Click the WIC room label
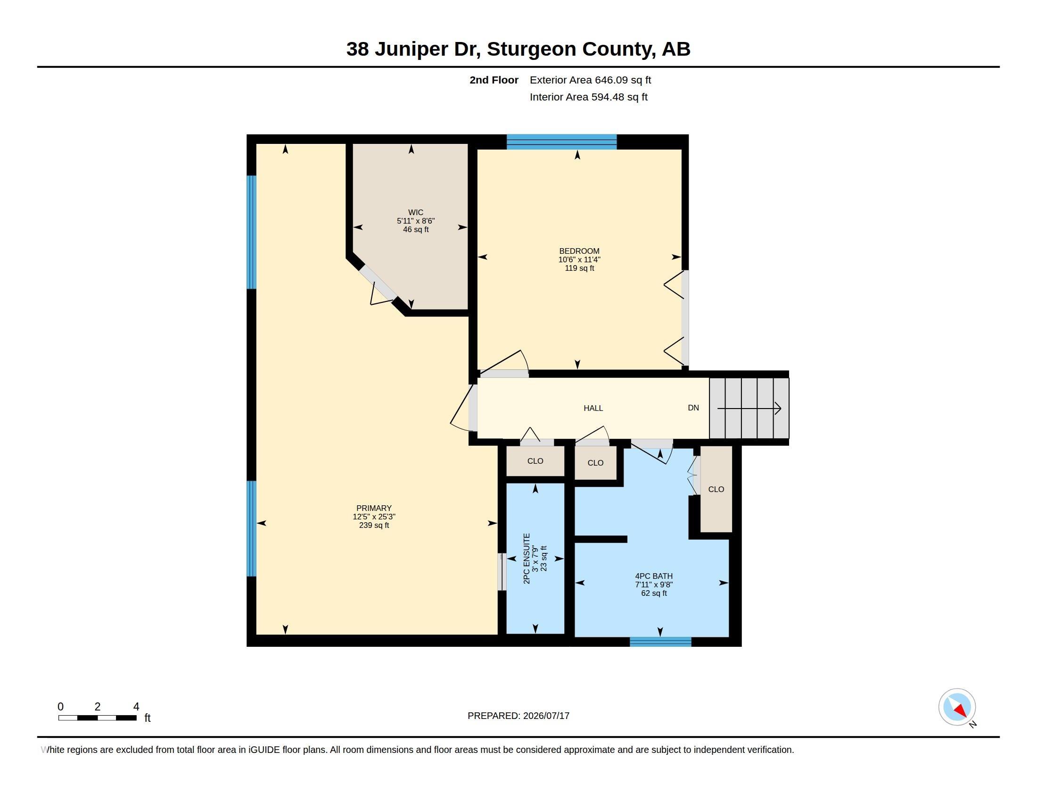pos(415,212)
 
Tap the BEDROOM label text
pos(579,251)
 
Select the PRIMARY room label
pos(374,508)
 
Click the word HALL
pos(593,408)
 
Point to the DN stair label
pos(693,408)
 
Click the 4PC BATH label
pos(654,576)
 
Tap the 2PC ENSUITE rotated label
pos(526,558)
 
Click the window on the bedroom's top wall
pos(561,142)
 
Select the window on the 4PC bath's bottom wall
pos(660,642)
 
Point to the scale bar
pos(98,718)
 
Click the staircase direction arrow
pos(749,408)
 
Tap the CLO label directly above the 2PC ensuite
pos(535,461)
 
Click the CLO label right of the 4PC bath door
pos(716,489)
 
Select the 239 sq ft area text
pos(374,525)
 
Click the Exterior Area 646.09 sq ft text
pos(590,80)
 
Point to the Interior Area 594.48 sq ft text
pos(588,97)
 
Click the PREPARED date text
pos(518,716)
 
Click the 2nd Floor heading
pos(494,80)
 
